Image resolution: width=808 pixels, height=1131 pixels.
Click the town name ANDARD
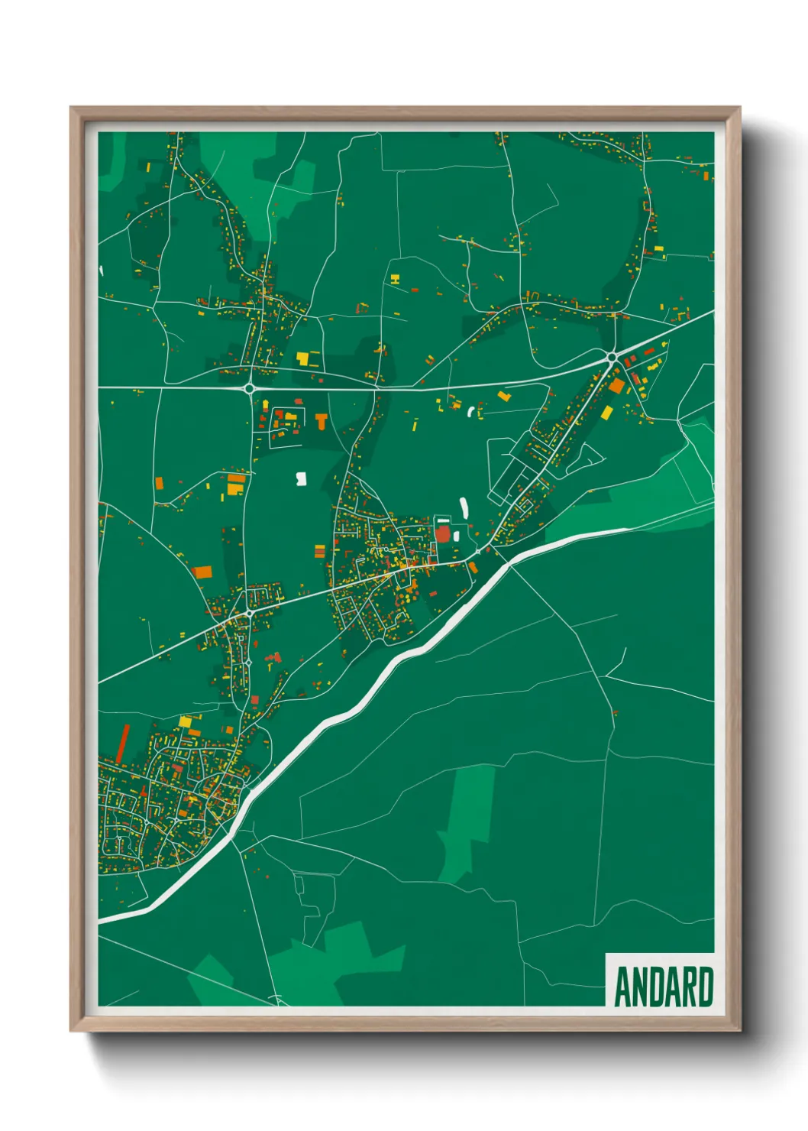664,987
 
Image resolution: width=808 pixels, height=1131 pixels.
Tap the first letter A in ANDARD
622,987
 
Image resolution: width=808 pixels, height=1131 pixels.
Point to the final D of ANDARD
706,987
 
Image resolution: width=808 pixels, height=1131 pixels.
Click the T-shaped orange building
322,420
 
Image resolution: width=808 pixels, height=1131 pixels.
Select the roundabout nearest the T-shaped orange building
250,388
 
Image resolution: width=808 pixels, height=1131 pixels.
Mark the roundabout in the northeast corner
612,356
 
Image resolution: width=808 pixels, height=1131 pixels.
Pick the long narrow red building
122,744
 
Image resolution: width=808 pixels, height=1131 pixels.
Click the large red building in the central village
443,533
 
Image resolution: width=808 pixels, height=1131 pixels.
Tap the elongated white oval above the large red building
464,507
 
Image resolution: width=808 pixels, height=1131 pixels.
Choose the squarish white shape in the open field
301,478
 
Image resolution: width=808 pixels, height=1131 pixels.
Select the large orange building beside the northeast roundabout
616,386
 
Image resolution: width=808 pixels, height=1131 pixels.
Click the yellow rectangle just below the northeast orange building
607,413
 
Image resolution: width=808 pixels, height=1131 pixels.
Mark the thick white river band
367,695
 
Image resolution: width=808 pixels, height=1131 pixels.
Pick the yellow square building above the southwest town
186,721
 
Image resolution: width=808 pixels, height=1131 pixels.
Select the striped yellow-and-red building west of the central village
319,550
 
